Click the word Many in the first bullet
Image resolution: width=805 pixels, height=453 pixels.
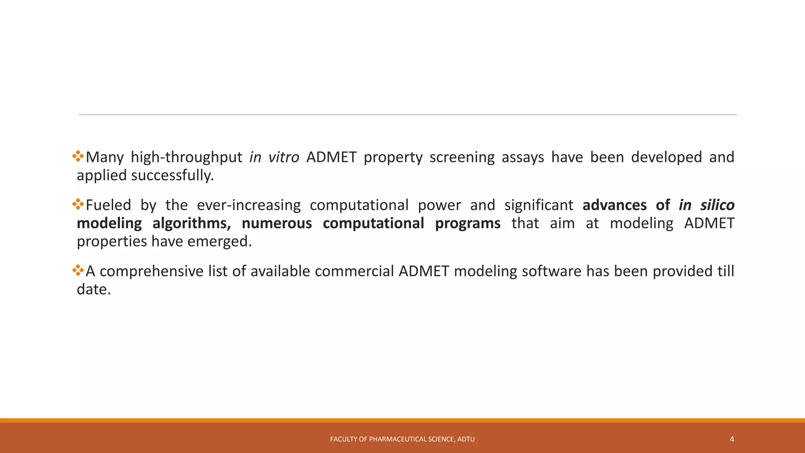click(105, 157)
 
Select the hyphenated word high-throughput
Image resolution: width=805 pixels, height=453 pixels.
click(186, 157)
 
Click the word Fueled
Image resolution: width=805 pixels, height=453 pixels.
click(108, 205)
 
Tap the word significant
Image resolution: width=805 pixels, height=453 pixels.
click(539, 205)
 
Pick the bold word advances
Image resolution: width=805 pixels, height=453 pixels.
click(614, 205)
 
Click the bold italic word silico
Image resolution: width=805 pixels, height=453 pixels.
click(717, 205)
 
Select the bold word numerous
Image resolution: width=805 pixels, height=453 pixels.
click(277, 223)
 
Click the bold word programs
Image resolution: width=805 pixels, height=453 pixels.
click(468, 223)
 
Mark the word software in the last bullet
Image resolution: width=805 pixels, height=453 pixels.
click(551, 271)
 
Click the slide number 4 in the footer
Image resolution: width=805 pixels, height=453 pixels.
click(731, 439)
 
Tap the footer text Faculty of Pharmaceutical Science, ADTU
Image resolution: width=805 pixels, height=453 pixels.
click(402, 439)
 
